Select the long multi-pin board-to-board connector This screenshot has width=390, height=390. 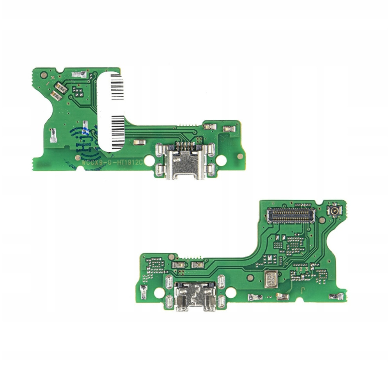click(x=291, y=214)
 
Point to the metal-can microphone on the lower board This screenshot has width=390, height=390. click(x=271, y=279)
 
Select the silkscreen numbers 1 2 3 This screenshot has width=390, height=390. click(x=302, y=269)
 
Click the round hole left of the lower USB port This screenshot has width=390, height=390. click(x=158, y=292)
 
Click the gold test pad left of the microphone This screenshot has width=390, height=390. click(x=250, y=278)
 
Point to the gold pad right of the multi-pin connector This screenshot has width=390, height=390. click(x=321, y=220)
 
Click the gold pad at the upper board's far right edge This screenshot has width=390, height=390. click(x=240, y=156)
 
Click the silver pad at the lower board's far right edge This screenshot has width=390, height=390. click(x=336, y=296)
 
